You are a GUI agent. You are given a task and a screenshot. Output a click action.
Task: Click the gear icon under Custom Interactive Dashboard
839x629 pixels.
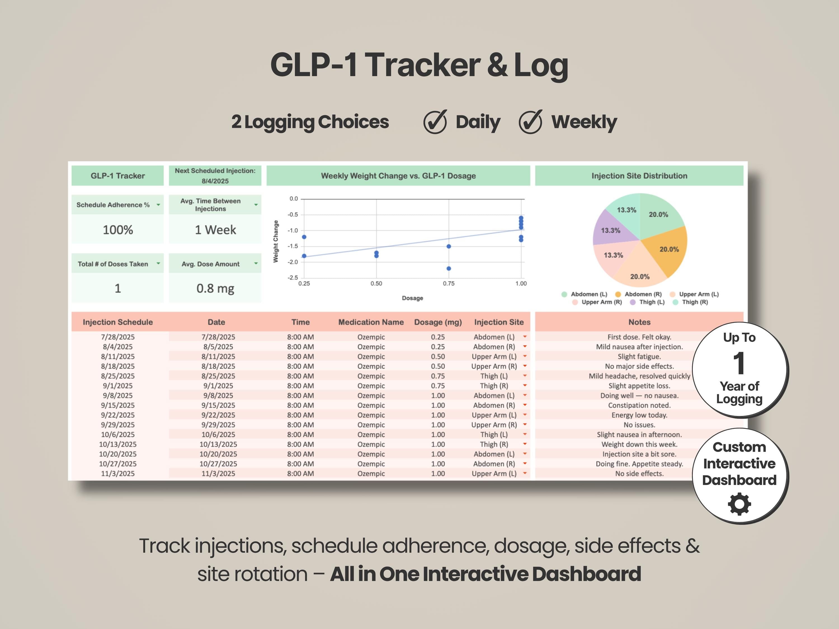click(739, 504)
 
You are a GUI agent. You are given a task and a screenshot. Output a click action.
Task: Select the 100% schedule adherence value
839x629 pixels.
click(118, 230)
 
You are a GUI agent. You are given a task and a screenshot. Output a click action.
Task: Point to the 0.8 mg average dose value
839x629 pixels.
click(215, 289)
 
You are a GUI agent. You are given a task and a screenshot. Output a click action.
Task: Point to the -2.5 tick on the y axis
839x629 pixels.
click(293, 278)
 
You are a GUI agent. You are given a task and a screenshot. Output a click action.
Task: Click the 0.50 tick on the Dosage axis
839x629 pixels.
click(376, 283)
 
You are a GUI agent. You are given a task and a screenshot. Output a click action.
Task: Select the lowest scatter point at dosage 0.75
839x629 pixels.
click(449, 268)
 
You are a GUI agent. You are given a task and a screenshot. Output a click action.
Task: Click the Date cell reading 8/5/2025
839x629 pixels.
click(218, 347)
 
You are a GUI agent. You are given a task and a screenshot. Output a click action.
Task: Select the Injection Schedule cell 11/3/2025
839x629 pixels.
click(117, 474)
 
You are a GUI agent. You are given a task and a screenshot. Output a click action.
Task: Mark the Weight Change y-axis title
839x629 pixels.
click(276, 241)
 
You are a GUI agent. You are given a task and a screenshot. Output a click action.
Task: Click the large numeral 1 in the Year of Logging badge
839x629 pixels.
click(739, 363)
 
